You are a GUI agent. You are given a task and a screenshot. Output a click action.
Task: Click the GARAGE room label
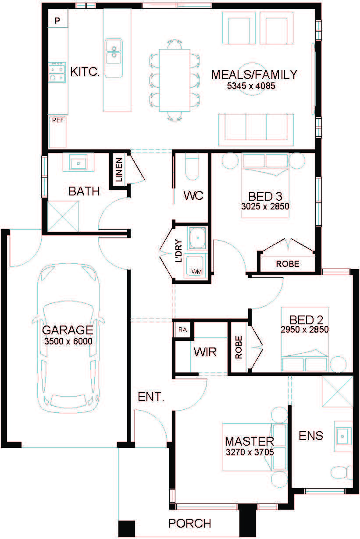click(68, 330)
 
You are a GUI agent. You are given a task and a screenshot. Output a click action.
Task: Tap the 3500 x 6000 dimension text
click(68, 341)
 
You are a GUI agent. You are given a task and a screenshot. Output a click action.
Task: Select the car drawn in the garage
click(68, 337)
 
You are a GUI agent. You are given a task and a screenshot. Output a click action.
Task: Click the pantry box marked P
click(58, 18)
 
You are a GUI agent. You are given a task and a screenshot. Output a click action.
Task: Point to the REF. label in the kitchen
click(58, 121)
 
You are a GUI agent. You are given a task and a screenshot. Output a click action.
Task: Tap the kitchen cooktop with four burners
click(57, 72)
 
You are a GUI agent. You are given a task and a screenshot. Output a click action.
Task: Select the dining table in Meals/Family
click(175, 81)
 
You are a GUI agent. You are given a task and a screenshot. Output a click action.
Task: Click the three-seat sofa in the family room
click(256, 130)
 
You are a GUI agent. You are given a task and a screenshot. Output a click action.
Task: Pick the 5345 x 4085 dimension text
click(251, 86)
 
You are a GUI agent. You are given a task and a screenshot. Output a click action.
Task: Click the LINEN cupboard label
click(119, 170)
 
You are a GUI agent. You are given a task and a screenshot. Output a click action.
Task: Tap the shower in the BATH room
click(63, 216)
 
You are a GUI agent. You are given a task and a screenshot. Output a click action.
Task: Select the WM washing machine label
click(196, 272)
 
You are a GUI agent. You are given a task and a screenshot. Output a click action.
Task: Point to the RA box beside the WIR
click(183, 330)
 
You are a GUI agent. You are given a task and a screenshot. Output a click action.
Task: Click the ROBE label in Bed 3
click(288, 264)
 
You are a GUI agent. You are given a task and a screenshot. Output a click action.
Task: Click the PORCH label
click(190, 523)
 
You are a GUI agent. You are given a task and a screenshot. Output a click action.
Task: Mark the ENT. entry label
click(151, 397)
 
